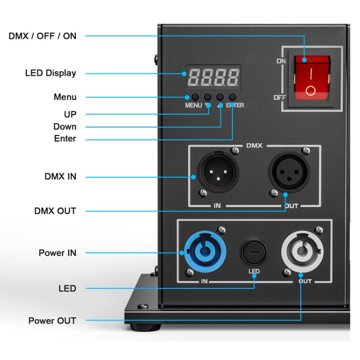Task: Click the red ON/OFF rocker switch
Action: click(x=312, y=78)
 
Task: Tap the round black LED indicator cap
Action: click(x=254, y=252)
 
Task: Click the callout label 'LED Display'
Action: click(x=51, y=73)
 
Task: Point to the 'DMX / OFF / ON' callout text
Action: click(x=42, y=36)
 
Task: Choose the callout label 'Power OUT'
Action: click(x=52, y=321)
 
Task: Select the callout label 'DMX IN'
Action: click(x=60, y=177)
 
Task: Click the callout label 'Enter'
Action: click(x=65, y=139)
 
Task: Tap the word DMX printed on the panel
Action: click(x=254, y=146)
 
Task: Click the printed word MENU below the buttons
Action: click(x=193, y=105)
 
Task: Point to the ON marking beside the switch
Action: click(x=281, y=61)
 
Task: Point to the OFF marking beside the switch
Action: click(x=280, y=98)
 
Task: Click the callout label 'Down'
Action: click(x=65, y=127)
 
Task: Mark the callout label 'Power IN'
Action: click(x=58, y=253)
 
